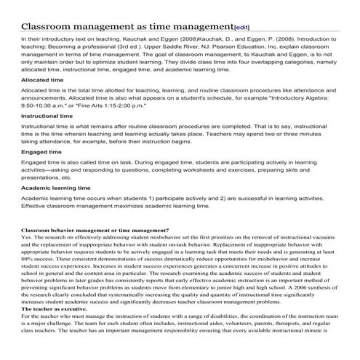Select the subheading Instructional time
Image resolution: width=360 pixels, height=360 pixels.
coord(47,115)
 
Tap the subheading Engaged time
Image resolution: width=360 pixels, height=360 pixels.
coord(42,152)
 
